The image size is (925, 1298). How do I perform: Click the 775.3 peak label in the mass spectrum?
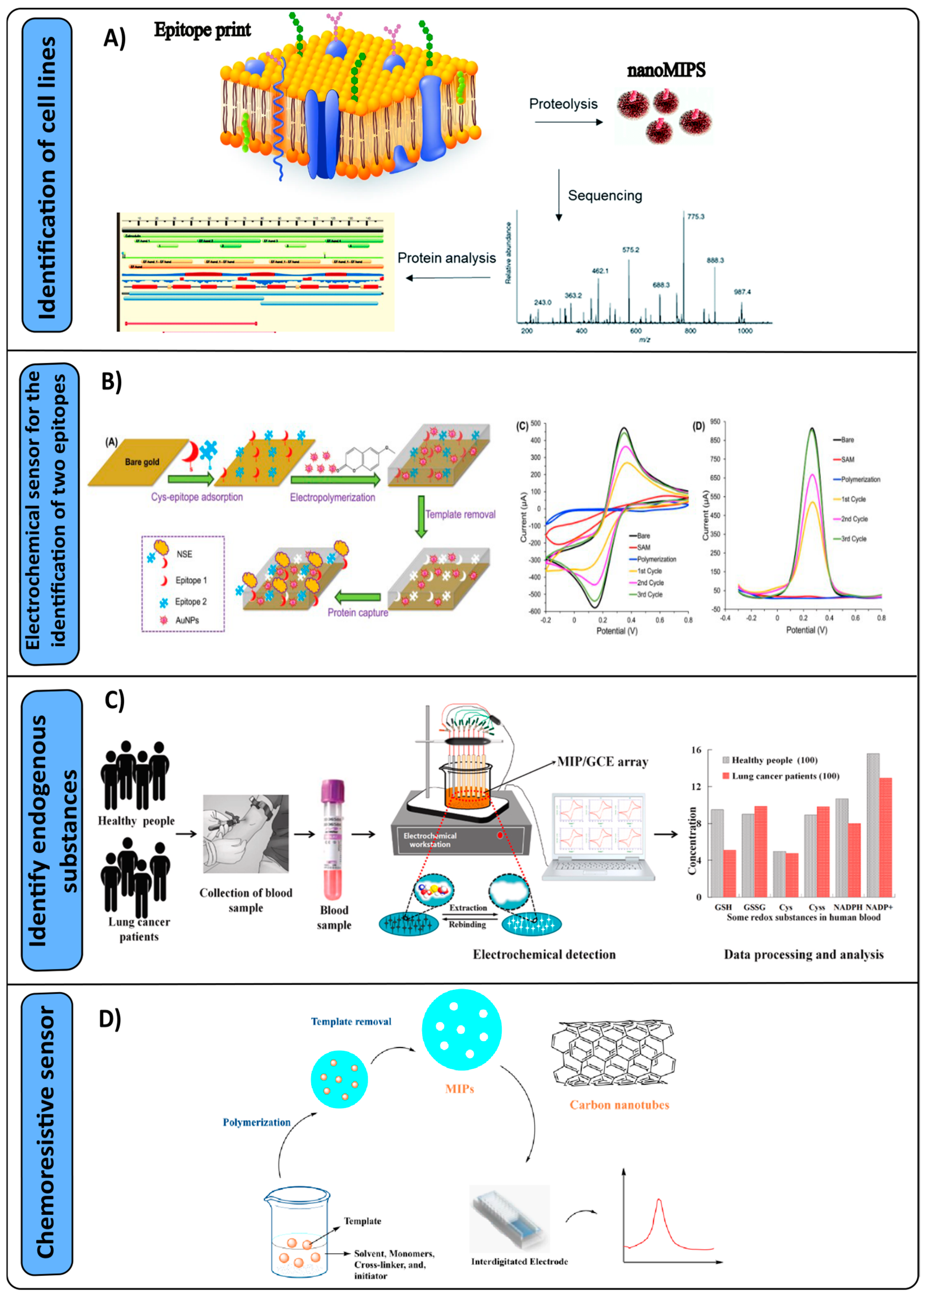pos(696,217)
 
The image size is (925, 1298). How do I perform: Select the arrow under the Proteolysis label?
pos(568,122)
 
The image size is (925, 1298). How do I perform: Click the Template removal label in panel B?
pos(460,515)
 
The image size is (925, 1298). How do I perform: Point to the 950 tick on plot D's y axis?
pos(715,422)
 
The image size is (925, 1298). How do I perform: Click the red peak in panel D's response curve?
pos(659,1200)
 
